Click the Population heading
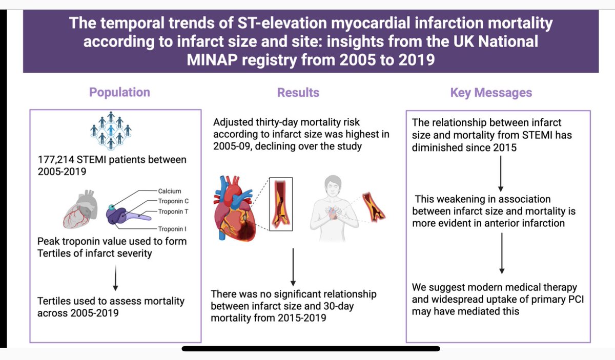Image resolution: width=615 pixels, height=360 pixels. click(x=119, y=92)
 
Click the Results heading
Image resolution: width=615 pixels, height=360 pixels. click(x=298, y=92)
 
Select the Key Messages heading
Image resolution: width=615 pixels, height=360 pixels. click(x=491, y=93)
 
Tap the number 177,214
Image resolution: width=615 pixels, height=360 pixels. click(x=58, y=160)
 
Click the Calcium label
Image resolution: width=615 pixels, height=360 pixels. click(x=169, y=191)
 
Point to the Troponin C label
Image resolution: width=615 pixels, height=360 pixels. click(x=173, y=201)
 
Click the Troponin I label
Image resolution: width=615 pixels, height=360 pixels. click(x=172, y=229)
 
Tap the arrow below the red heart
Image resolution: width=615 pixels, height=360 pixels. click(x=293, y=266)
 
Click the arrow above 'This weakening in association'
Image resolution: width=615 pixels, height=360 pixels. click(x=501, y=174)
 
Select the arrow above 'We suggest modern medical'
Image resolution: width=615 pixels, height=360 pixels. click(x=501, y=253)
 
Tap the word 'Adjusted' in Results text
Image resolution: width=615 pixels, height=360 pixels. click(x=235, y=123)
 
